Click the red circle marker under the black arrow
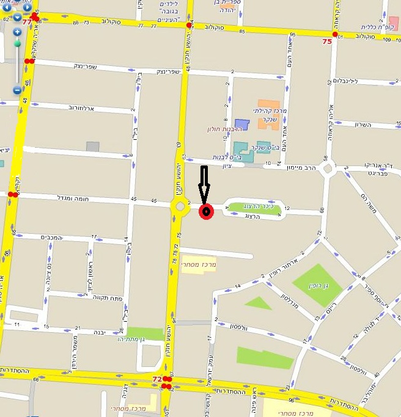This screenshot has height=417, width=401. (x=206, y=212)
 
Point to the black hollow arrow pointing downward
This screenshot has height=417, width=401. (x=205, y=184)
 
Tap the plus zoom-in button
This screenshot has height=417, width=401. (x=17, y=32)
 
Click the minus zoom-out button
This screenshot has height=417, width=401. (x=17, y=90)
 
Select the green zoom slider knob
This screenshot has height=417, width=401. (x=17, y=43)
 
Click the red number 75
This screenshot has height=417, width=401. (x=327, y=42)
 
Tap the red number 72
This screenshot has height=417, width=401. (x=157, y=379)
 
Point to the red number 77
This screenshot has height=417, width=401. (x=27, y=21)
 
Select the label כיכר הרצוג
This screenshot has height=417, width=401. (x=254, y=206)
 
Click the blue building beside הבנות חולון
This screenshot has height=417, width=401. (x=242, y=124)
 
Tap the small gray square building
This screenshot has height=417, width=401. (x=92, y=146)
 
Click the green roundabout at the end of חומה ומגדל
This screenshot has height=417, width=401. (x=180, y=207)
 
